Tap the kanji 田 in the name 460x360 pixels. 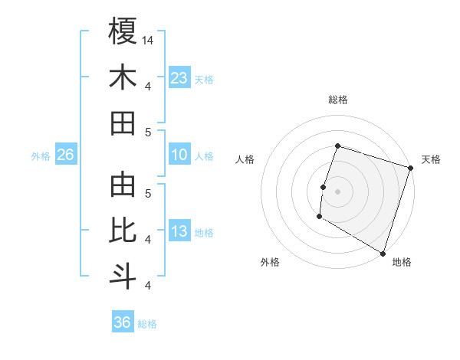pyautogui.click(x=123, y=123)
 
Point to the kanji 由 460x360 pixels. pyautogui.click(x=123, y=185)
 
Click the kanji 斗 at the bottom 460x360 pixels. pyautogui.click(x=123, y=276)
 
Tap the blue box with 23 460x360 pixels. pyautogui.click(x=179, y=78)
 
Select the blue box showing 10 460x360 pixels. pyautogui.click(x=179, y=155)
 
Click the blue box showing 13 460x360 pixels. pyautogui.click(x=179, y=232)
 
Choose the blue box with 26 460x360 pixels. pyautogui.click(x=65, y=155)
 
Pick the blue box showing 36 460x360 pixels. pyautogui.click(x=123, y=322)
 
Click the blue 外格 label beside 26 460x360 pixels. pyautogui.click(x=41, y=156)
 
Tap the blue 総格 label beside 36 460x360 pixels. pyautogui.click(x=147, y=324)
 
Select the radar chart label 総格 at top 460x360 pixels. pyautogui.click(x=337, y=100)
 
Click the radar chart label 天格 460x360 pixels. pyautogui.click(x=431, y=160)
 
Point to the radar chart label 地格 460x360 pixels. pyautogui.click(x=402, y=263)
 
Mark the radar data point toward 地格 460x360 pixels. pyautogui.click(x=382, y=253)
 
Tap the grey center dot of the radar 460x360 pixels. pyautogui.click(x=337, y=191)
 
